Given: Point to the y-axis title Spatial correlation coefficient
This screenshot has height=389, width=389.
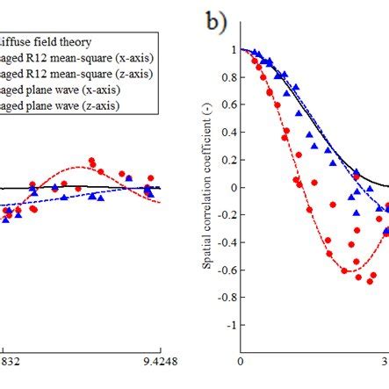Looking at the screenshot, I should (209, 186).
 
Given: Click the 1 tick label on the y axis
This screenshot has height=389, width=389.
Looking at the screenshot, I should (232, 50).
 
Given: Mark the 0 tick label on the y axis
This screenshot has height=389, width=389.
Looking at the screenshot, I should (232, 187).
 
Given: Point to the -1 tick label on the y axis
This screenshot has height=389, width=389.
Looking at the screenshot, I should (229, 325).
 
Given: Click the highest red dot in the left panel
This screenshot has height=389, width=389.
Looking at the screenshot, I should (93, 162).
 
